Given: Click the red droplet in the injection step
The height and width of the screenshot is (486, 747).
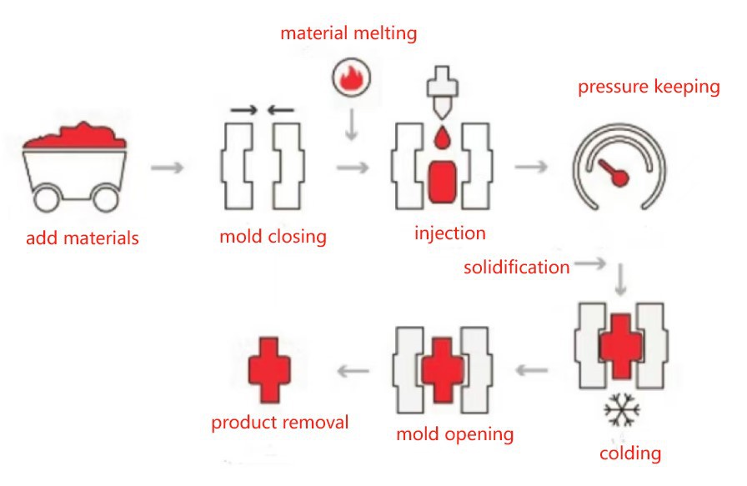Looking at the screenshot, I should [440, 137].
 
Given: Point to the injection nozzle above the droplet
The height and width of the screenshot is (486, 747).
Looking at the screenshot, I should [439, 96].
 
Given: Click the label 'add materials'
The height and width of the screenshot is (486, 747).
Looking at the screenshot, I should [83, 238].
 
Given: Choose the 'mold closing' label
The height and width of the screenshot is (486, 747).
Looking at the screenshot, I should [273, 237].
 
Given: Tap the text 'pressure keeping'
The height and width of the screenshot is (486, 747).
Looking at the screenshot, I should [649, 87].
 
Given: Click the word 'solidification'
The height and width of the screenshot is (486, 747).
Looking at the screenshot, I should [517, 268].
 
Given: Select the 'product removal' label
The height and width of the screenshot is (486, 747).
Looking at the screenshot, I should [279, 423].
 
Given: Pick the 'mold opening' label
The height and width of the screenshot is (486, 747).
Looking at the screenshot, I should [454, 434].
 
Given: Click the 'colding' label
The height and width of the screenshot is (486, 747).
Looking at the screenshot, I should [630, 454].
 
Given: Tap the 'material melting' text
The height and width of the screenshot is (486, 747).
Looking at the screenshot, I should [348, 34].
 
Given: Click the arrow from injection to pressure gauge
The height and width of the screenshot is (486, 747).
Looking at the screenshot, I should [531, 167].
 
